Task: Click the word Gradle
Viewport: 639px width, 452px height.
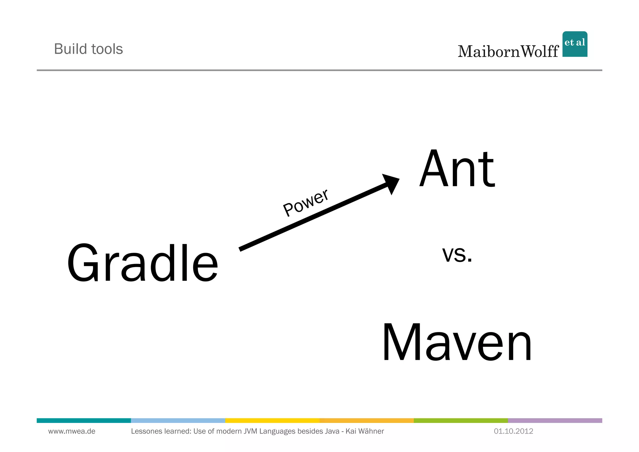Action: (x=143, y=263)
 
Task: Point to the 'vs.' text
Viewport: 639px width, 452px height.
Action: (x=457, y=254)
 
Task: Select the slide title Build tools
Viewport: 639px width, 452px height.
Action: (x=89, y=49)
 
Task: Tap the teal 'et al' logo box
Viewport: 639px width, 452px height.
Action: (x=575, y=44)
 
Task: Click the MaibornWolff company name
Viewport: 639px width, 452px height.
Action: (x=508, y=52)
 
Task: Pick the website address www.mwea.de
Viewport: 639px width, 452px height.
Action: (x=72, y=431)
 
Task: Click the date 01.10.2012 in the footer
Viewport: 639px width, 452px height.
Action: (x=513, y=431)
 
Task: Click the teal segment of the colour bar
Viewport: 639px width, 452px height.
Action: (x=84, y=420)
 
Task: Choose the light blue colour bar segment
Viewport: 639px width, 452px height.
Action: (x=178, y=420)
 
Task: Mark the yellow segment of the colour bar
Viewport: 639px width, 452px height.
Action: (x=272, y=420)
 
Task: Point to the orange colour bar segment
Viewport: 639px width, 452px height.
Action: (x=367, y=420)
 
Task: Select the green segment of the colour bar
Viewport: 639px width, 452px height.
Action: (x=461, y=420)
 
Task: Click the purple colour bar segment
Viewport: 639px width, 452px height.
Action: (x=555, y=420)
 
